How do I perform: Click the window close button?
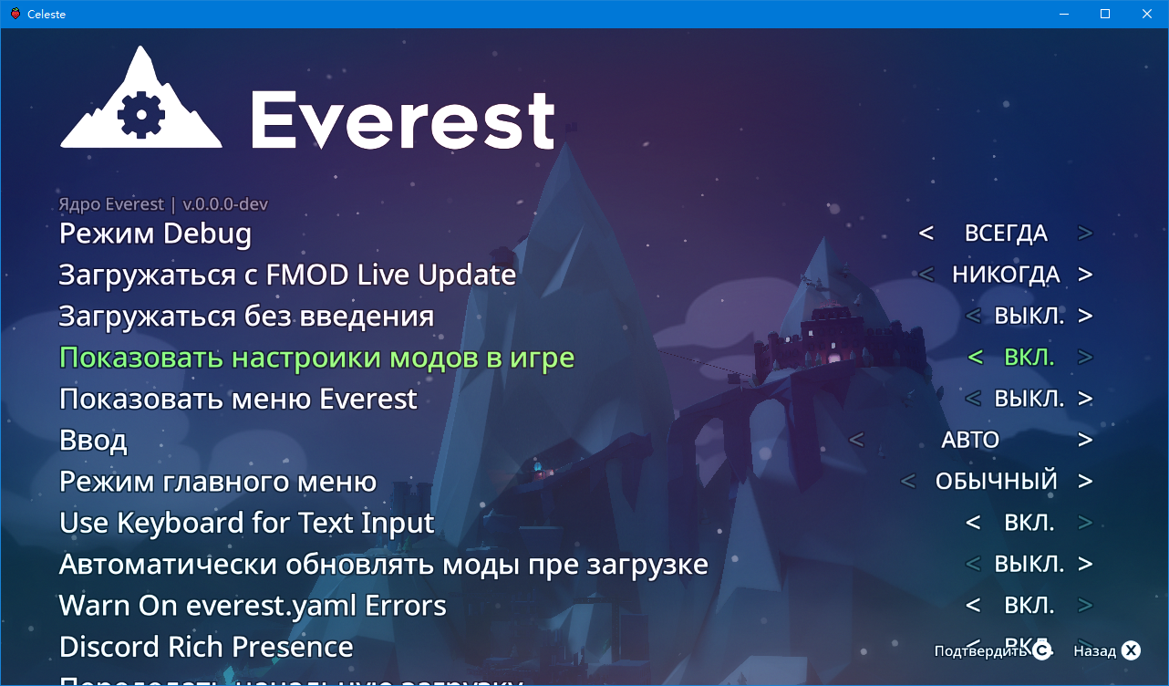pyautogui.click(x=1147, y=14)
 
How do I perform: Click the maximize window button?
pyautogui.click(x=1105, y=14)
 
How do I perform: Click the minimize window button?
pyautogui.click(x=1063, y=14)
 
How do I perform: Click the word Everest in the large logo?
pyautogui.click(x=402, y=119)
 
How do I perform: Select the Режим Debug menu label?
pyautogui.click(x=155, y=234)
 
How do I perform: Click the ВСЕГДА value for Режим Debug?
pyautogui.click(x=1006, y=234)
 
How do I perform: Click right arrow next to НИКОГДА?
pyautogui.click(x=1085, y=275)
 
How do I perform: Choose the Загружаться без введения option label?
pyautogui.click(x=246, y=317)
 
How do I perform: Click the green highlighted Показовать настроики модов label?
pyautogui.click(x=316, y=358)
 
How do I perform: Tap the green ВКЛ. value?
pyautogui.click(x=1029, y=358)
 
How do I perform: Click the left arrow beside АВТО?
pyautogui.click(x=856, y=441)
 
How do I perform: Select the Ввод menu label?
pyautogui.click(x=93, y=441)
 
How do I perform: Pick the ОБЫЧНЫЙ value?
pyautogui.click(x=996, y=482)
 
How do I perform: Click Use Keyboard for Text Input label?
pyautogui.click(x=246, y=523)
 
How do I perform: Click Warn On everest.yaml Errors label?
pyautogui.click(x=253, y=606)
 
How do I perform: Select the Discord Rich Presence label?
pyautogui.click(x=206, y=647)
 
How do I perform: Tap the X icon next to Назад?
pyautogui.click(x=1131, y=650)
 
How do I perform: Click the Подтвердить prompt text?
pyautogui.click(x=980, y=651)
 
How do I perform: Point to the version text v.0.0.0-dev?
pyautogui.click(x=225, y=204)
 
